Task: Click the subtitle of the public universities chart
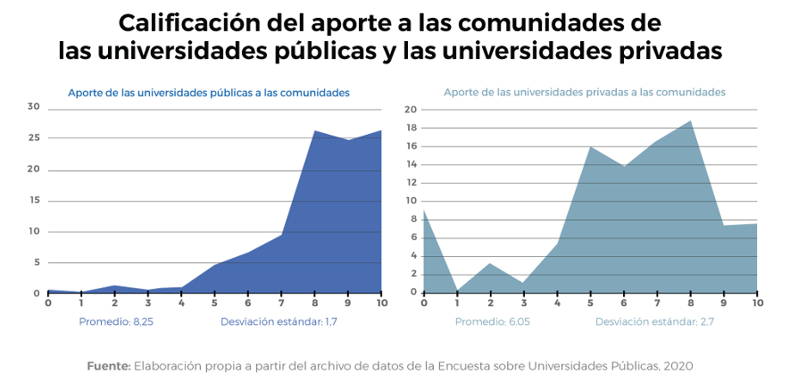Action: (209, 92)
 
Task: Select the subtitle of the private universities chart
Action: (584, 92)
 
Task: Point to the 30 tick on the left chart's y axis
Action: (34, 107)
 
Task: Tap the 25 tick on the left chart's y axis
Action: (34, 138)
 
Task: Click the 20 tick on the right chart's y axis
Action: (411, 110)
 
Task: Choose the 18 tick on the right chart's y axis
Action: (411, 129)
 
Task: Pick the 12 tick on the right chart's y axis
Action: (411, 183)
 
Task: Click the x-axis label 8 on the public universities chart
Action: (314, 303)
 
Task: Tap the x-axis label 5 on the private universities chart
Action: (590, 303)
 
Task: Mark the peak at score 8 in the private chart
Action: (690, 121)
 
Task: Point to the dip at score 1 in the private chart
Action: (457, 291)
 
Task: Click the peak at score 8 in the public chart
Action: (314, 131)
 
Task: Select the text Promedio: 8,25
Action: (116, 321)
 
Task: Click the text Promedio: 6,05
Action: (493, 321)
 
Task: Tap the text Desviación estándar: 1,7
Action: (279, 321)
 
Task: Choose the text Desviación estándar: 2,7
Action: (654, 321)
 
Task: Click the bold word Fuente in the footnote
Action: (109, 366)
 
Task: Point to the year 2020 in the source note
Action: (678, 366)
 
